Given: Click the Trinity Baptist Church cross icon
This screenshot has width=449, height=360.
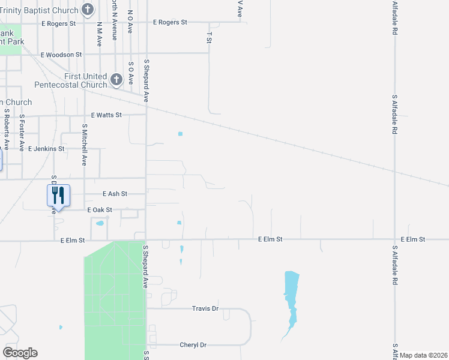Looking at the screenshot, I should [88, 10].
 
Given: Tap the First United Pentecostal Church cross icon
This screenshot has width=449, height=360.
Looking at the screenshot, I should [116, 78].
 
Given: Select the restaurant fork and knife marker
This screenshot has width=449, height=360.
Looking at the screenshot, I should [58, 194].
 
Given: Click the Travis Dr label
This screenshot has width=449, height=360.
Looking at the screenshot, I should [205, 308].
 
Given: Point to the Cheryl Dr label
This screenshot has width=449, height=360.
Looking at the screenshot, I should [193, 345].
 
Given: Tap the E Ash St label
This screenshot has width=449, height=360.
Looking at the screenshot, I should [115, 194].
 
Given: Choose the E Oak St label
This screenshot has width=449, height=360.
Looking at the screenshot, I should [100, 210].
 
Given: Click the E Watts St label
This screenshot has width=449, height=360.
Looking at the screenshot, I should [106, 115].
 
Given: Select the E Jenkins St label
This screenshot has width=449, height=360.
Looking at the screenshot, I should [46, 148].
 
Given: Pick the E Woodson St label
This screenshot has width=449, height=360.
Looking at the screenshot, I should [61, 55].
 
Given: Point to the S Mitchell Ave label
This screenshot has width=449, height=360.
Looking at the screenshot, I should [85, 145].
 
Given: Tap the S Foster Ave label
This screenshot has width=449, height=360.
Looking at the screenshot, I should [22, 133].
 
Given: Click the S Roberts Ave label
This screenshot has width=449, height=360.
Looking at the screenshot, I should [7, 128].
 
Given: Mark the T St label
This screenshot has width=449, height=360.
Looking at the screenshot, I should [209, 38].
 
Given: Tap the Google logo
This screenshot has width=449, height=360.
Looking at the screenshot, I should [20, 353].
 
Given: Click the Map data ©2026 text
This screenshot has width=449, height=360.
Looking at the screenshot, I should [423, 355].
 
